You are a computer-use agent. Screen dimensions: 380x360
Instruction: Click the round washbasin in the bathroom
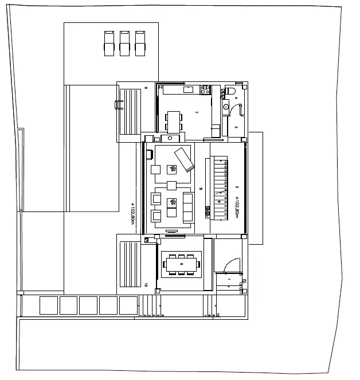click(226, 106)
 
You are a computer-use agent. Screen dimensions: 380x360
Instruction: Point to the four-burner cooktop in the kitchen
click(204, 89)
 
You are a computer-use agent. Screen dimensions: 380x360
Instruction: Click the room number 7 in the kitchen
click(196, 113)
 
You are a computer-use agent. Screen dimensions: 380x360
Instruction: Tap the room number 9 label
click(146, 88)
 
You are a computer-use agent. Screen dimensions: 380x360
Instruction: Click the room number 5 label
click(200, 188)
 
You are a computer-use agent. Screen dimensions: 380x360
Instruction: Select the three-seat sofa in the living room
click(187, 207)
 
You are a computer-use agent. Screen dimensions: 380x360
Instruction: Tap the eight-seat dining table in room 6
click(181, 264)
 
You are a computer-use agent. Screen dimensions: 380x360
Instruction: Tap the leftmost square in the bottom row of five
click(48, 305)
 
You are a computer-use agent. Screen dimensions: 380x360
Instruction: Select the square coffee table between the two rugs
click(171, 186)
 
